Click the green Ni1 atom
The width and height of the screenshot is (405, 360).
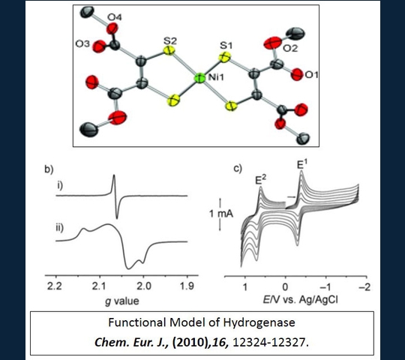pyautogui.click(x=199, y=78)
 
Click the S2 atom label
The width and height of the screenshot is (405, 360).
pyautogui.click(x=170, y=40)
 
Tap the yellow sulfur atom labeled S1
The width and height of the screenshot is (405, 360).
pyautogui.click(x=225, y=57)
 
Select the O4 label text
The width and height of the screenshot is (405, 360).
pyautogui.click(x=115, y=17)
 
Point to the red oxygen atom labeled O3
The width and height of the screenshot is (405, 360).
pyautogui.click(x=99, y=46)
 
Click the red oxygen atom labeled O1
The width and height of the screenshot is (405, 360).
pyautogui.click(x=297, y=75)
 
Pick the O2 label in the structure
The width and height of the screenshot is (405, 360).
pyautogui.click(x=290, y=48)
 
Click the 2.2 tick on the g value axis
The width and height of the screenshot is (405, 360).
pyautogui.click(x=55, y=286)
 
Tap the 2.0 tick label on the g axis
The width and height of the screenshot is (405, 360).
pyautogui.click(x=143, y=286)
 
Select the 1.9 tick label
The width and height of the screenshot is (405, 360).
pyautogui.click(x=187, y=286)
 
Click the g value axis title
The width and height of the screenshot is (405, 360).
pyautogui.click(x=121, y=301)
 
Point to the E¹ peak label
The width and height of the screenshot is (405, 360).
pyautogui.click(x=301, y=164)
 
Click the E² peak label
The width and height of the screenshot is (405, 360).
pyautogui.click(x=260, y=179)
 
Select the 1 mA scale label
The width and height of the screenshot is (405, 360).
pyautogui.click(x=221, y=214)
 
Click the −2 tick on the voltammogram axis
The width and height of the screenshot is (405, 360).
pyautogui.click(x=365, y=287)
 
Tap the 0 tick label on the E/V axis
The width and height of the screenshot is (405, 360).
pyautogui.click(x=285, y=287)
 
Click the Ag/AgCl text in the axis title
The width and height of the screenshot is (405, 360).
pyautogui.click(x=319, y=300)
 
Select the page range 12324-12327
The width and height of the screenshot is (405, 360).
pyautogui.click(x=269, y=343)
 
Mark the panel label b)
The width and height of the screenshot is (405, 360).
pyautogui.click(x=49, y=169)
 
